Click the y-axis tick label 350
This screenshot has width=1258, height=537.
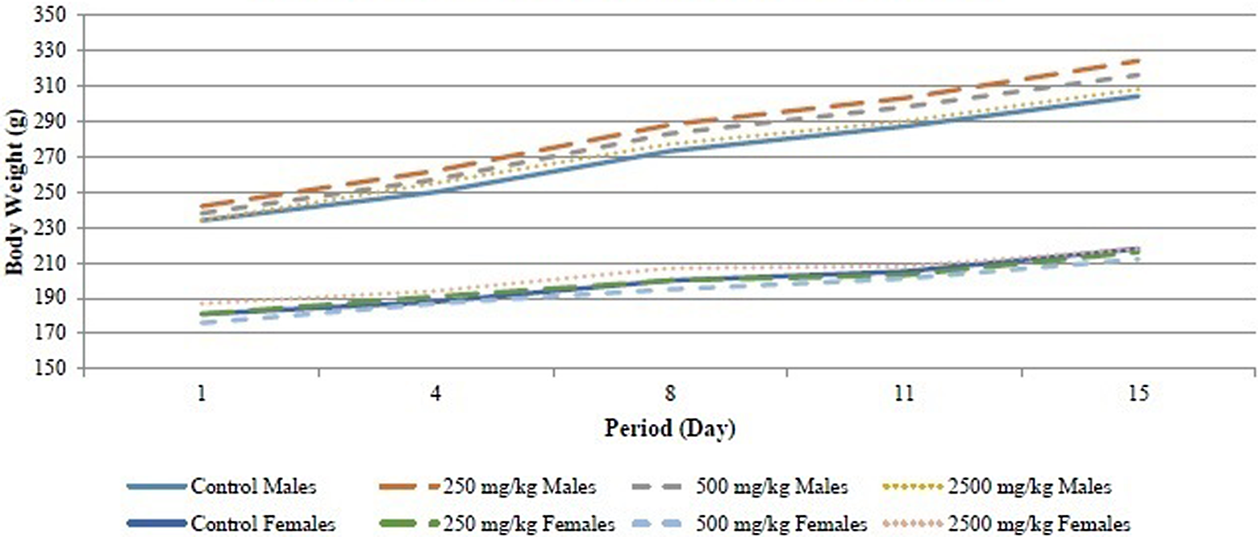[x=51, y=15]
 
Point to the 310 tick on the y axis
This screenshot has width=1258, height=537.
[x=51, y=86]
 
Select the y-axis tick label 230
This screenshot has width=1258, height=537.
[x=51, y=228]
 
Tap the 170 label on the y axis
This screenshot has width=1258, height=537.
[x=51, y=334]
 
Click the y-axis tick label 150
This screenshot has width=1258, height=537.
[x=51, y=369]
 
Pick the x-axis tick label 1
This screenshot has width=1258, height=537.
[x=202, y=393]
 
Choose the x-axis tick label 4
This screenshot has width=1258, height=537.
[x=435, y=393]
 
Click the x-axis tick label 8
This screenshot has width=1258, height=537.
[x=670, y=393]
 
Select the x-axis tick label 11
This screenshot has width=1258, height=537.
[x=904, y=393]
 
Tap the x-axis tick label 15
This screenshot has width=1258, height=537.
[x=1139, y=393]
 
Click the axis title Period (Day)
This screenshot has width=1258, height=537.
[x=670, y=429]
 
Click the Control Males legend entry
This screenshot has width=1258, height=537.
[x=222, y=486]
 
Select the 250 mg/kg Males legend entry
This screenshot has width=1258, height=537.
[x=488, y=486]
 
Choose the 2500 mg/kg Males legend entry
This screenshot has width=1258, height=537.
[x=997, y=486]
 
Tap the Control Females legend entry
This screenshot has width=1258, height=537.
[x=231, y=523]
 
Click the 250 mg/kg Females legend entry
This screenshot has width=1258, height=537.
[x=498, y=523]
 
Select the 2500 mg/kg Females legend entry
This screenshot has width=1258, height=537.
[x=1006, y=523]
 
